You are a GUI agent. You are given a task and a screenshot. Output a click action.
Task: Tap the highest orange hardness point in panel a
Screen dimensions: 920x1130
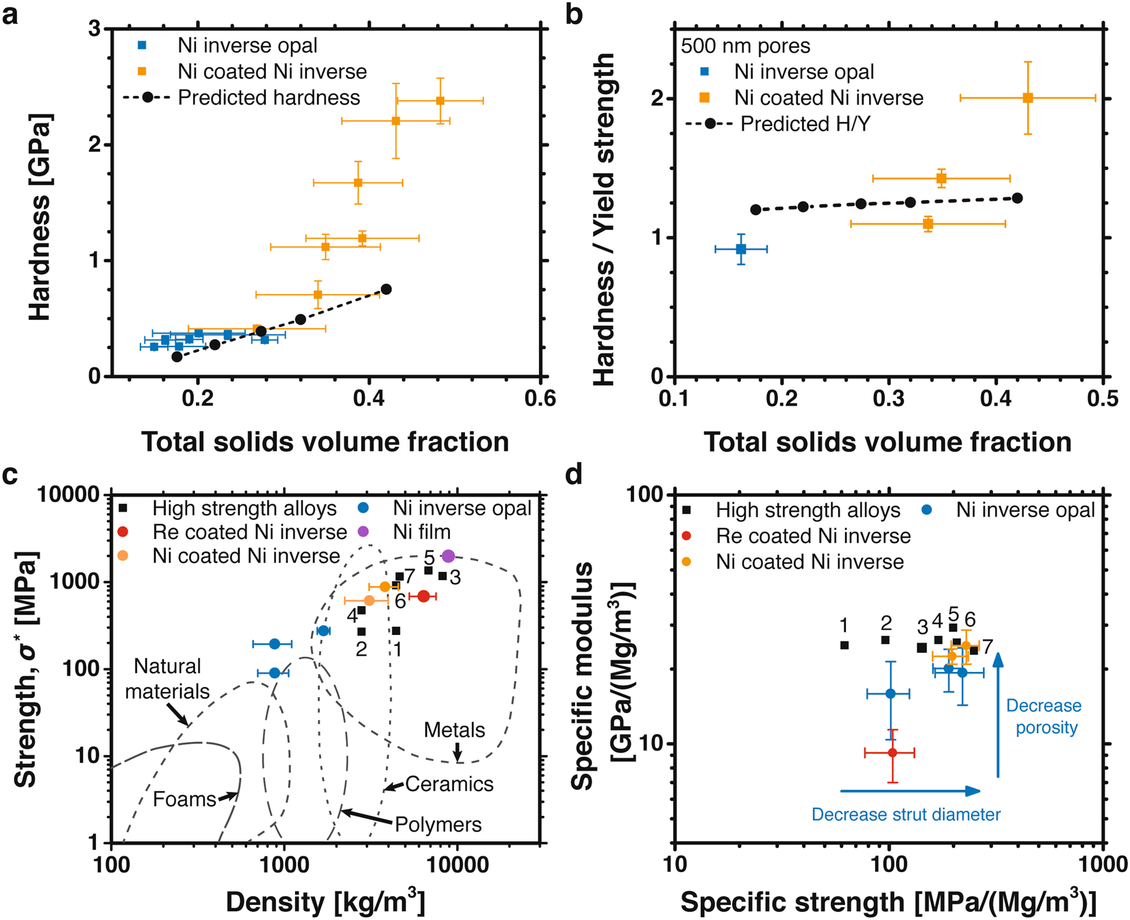pyautogui.click(x=440, y=101)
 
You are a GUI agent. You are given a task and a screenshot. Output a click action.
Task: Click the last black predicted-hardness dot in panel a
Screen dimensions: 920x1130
pyautogui.click(x=386, y=289)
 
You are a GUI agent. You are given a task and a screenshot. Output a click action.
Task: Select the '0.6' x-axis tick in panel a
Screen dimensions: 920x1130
pyautogui.click(x=540, y=398)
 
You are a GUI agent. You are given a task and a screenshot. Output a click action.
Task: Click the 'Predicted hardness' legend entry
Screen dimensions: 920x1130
pyautogui.click(x=268, y=98)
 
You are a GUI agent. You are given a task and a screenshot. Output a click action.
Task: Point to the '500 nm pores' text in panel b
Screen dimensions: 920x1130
pyautogui.click(x=745, y=46)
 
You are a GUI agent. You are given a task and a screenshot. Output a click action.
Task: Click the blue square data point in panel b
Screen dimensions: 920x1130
pyautogui.click(x=740, y=249)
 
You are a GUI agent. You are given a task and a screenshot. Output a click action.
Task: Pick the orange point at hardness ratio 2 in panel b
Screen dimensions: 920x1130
pyautogui.click(x=1027, y=98)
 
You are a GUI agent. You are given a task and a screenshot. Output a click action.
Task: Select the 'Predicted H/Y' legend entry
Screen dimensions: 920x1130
pyautogui.click(x=805, y=124)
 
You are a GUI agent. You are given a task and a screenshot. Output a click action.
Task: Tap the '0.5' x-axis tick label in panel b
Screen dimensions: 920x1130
pyautogui.click(x=1102, y=398)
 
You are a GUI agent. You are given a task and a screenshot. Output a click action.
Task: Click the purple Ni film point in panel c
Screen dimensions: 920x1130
pyautogui.click(x=448, y=556)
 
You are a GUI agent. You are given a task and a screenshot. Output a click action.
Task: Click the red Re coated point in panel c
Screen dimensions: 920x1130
pyautogui.click(x=423, y=597)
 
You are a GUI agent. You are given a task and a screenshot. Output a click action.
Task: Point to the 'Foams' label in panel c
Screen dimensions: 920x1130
pyautogui.click(x=184, y=799)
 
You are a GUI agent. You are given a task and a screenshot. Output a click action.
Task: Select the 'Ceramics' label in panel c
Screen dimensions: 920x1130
pyautogui.click(x=449, y=784)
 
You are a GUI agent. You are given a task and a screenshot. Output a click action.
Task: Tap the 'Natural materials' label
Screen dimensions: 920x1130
pyautogui.click(x=167, y=679)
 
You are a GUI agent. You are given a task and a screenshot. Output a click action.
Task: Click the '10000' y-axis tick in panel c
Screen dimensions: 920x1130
pyautogui.click(x=67, y=495)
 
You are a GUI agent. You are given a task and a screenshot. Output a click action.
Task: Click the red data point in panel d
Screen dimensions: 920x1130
pyautogui.click(x=892, y=753)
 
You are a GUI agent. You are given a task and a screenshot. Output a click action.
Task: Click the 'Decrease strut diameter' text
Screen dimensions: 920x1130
pyautogui.click(x=905, y=815)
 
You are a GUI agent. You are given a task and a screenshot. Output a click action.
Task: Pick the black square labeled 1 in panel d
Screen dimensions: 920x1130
pyautogui.click(x=844, y=645)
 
